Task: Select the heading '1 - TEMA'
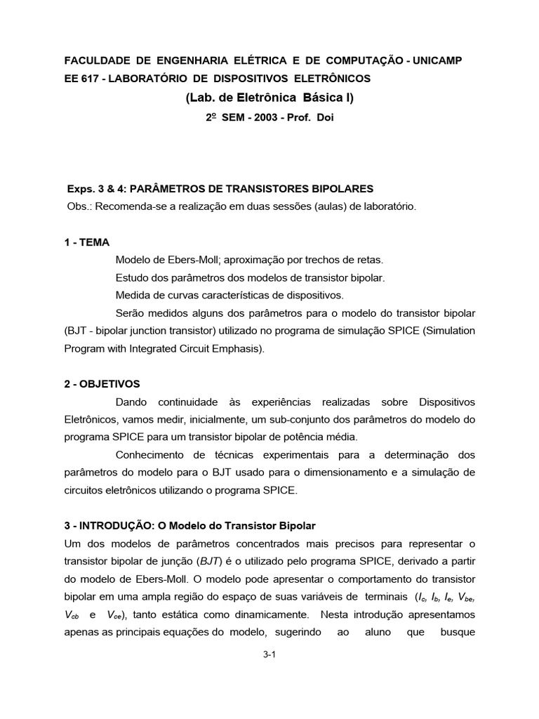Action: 87,242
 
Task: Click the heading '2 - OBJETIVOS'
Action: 102,384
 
